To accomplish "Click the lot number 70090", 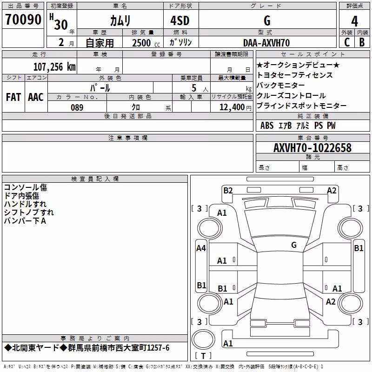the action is pos(23,20).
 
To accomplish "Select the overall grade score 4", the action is pos(354,21).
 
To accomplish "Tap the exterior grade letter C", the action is pos(347,42).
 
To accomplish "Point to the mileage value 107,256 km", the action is pos(54,67).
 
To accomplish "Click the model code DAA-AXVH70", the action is pos(266,43).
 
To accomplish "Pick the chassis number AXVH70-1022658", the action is pos(312,148).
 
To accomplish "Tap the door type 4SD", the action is pos(180,20).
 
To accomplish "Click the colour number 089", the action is pos(77,107).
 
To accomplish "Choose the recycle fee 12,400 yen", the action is pos(235,107).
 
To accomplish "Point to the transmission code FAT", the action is pos(13,97).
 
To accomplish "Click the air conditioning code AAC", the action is pos(36,97).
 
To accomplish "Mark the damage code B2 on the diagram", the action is pos(228,191).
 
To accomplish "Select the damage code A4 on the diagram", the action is pos(201,248).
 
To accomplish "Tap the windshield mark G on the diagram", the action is pos(294,245).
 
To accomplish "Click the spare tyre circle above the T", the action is pos(203,339).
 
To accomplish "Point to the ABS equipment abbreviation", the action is pos(267,126).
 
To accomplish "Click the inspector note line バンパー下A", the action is pos(25,221).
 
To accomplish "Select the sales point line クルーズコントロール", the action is pos(291,95).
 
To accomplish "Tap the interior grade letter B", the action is pos(362,42).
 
